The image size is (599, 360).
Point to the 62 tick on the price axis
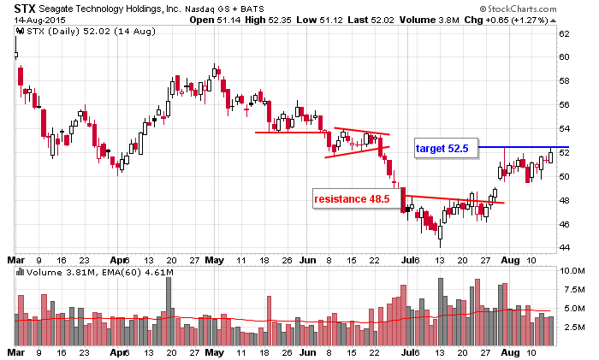pyautogui.click(x=565, y=34)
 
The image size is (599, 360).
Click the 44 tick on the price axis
pyautogui.click(x=565, y=248)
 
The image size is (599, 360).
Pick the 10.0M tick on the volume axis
pyautogui.click(x=571, y=270)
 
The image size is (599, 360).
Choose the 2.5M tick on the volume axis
pyautogui.click(x=570, y=327)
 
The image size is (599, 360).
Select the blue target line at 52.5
pyautogui.click(x=522, y=147)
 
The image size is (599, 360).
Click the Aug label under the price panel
pyautogui.click(x=508, y=259)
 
